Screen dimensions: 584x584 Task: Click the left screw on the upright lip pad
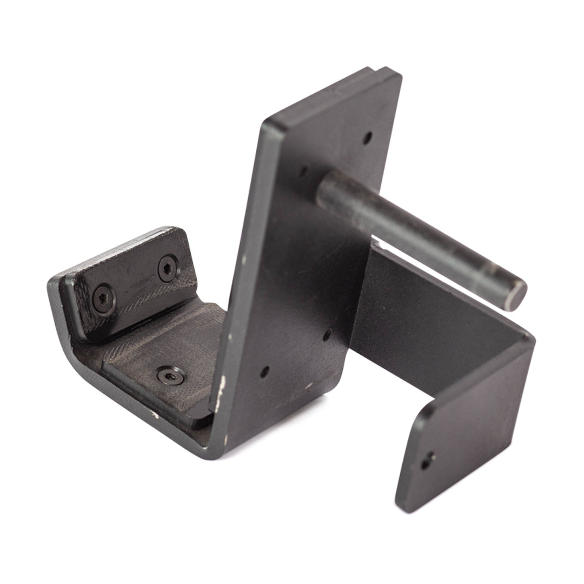(x=103, y=299)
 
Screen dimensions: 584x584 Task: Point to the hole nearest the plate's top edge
(x=367, y=137)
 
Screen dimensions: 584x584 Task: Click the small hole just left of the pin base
(x=303, y=172)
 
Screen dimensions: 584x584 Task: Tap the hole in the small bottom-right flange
(x=428, y=460)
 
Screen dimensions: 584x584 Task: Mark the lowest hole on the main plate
(x=264, y=372)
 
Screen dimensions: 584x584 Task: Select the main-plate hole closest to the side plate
(x=327, y=335)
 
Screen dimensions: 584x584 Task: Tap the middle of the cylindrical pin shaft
(x=422, y=238)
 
